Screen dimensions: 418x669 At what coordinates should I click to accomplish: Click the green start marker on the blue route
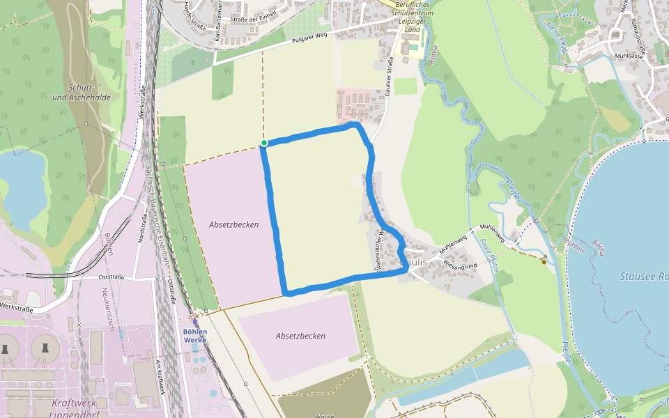point(264,143)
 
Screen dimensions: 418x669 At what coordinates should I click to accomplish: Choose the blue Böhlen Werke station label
point(195,336)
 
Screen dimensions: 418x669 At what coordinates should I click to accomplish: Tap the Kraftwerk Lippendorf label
point(76,408)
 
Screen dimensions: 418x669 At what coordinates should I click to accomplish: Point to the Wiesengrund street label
point(459,265)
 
